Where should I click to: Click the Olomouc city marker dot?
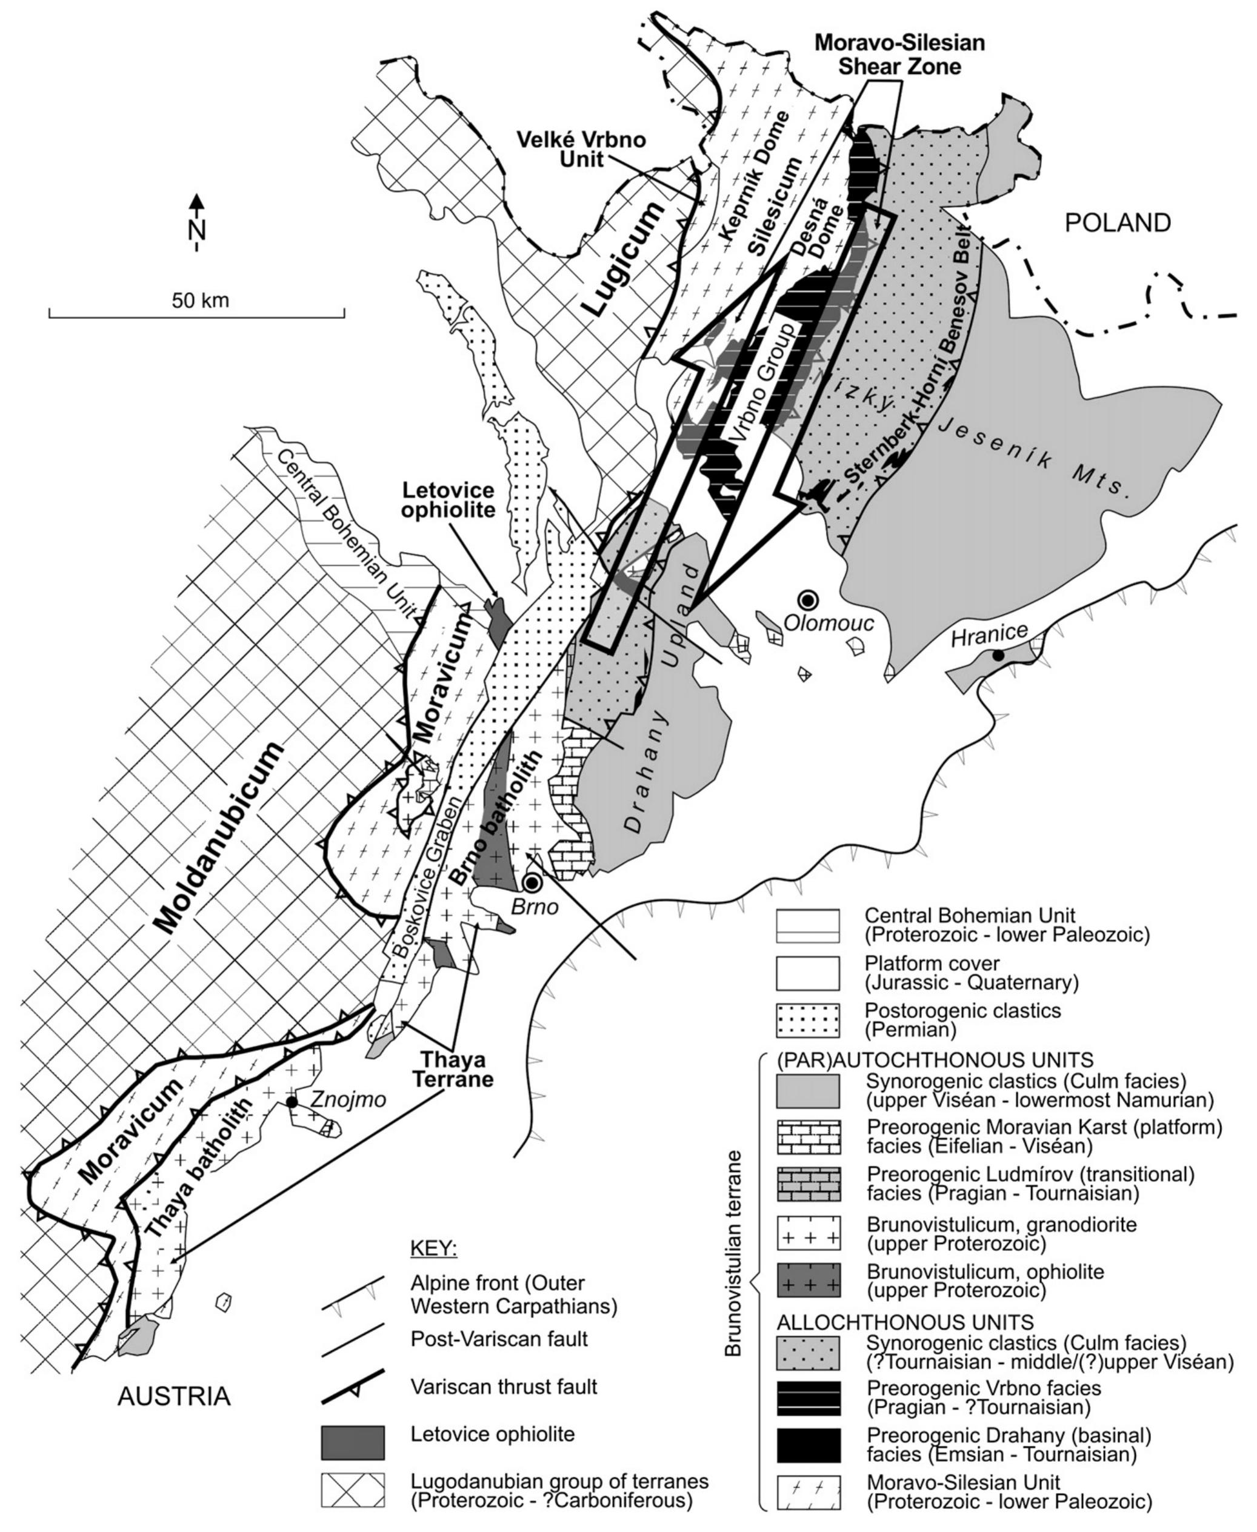tap(807, 599)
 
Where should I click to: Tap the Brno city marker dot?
tap(533, 882)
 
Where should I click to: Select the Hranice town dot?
tap(998, 655)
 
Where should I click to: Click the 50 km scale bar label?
tap(200, 300)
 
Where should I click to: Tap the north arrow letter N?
tap(196, 230)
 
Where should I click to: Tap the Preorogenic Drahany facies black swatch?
tap(807, 1445)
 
